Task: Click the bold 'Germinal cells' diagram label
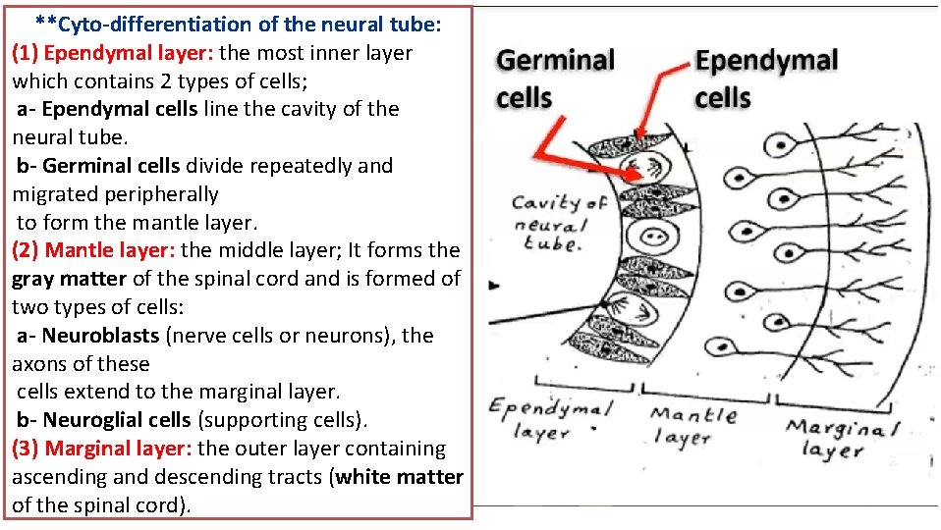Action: point(555,79)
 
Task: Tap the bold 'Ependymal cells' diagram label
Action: point(765,79)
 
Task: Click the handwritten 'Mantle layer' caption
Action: point(693,425)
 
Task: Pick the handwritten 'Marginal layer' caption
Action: point(842,438)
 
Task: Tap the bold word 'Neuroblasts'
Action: point(100,336)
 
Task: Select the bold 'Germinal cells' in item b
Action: point(111,166)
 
